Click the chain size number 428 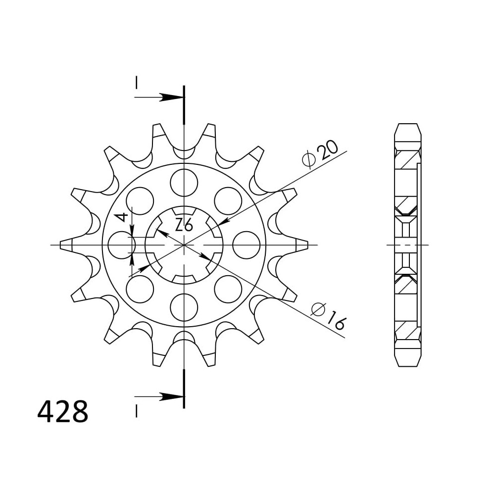[x=62, y=412]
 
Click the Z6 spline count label [x=184, y=225]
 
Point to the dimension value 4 [x=122, y=217]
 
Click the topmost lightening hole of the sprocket [x=184, y=183]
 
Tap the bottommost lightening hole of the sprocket [x=184, y=307]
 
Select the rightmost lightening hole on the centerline [x=246, y=245]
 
